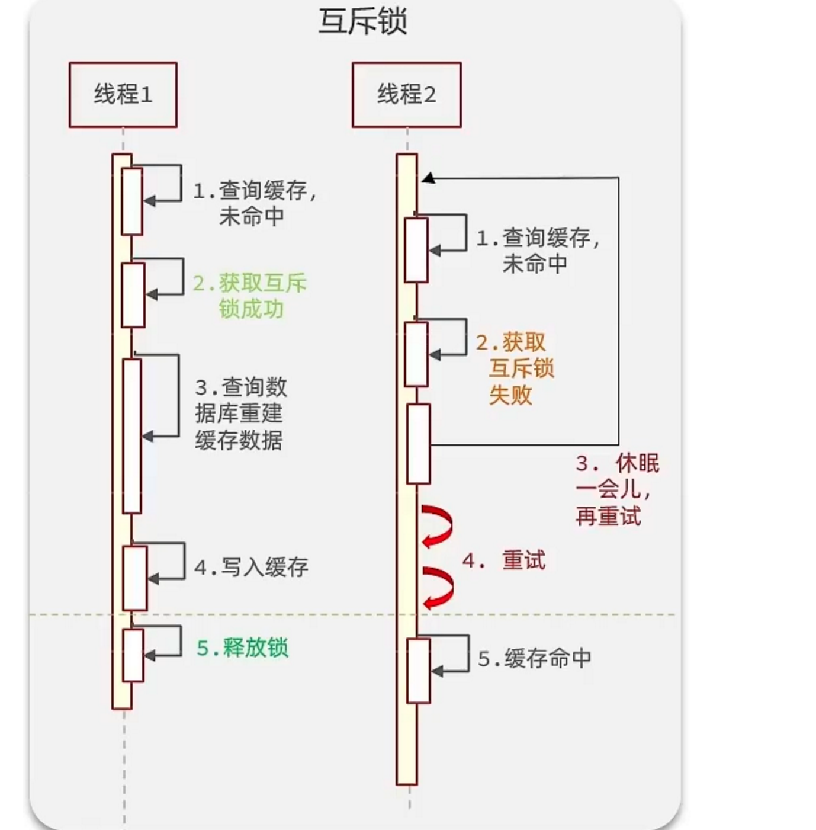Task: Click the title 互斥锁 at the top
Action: pos(362,21)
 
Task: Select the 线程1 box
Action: pos(123,95)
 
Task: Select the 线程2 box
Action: pos(406,95)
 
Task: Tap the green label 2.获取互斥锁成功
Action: pos(250,296)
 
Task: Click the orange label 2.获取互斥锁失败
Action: pos(515,368)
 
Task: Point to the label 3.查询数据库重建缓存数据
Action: pos(240,414)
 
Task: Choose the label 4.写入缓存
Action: pos(252,568)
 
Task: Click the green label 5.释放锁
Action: pos(243,648)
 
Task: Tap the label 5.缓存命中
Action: pos(534,659)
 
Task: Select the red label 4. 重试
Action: pos(504,560)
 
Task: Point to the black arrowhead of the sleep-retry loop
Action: pos(428,178)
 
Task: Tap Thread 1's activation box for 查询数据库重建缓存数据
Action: pos(132,435)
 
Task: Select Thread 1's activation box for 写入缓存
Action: pos(134,578)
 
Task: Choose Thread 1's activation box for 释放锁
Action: pos(133,655)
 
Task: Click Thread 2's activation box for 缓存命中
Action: pos(419,671)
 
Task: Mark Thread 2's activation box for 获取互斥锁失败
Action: pos(416,354)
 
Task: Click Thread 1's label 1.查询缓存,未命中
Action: pos(255,203)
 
